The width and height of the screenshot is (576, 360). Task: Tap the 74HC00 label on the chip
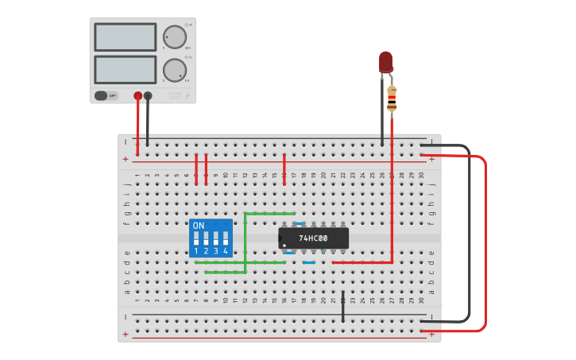[312, 238]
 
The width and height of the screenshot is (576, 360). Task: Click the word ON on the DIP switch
[199, 226]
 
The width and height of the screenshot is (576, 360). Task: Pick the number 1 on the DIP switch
[196, 251]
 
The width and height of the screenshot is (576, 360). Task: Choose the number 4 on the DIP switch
[226, 251]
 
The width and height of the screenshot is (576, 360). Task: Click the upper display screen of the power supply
[126, 37]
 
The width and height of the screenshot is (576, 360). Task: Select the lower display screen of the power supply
[126, 69]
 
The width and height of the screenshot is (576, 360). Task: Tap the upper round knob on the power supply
[172, 37]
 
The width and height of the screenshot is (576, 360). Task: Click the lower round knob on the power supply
[172, 70]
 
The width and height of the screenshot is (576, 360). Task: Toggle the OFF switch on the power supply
[107, 95]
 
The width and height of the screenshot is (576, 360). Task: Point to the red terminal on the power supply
[137, 95]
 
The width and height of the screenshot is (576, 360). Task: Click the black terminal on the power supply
[148, 95]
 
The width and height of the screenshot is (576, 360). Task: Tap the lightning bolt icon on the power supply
[187, 95]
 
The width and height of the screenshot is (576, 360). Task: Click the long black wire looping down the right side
[469, 238]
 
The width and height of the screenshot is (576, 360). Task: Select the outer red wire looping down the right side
[485, 238]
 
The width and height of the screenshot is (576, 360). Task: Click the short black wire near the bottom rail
[343, 307]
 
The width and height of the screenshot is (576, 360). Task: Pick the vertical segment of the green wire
[245, 242]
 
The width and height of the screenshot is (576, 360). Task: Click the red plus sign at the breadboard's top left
[126, 159]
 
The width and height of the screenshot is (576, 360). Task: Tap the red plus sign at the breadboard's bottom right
[431, 335]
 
